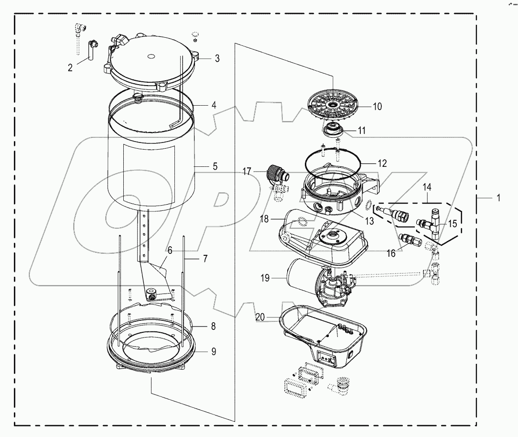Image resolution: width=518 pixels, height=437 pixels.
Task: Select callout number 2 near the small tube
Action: point(70,68)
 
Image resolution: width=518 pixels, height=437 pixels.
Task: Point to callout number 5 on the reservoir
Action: point(215,166)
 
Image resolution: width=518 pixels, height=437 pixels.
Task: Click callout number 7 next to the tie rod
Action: point(205,259)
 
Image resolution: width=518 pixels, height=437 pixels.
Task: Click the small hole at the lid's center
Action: point(151,56)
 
